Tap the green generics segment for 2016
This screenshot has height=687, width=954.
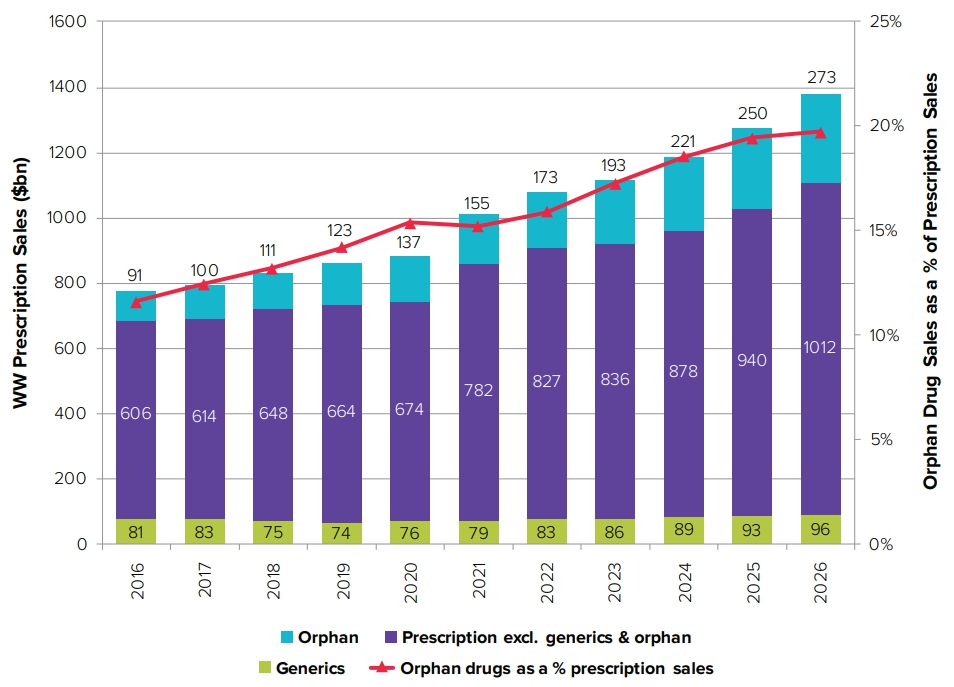coord(136,531)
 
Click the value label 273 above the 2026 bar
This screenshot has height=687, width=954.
coord(820,78)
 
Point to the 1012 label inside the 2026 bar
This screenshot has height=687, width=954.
coord(820,347)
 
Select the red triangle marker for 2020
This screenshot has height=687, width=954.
coord(410,222)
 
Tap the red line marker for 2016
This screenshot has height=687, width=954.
coord(136,301)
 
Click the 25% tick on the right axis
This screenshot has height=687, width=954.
coord(886,22)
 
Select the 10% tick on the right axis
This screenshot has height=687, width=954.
coord(886,335)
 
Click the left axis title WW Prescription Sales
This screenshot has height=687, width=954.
coord(19,283)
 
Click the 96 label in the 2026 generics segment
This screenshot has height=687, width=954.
coord(820,530)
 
